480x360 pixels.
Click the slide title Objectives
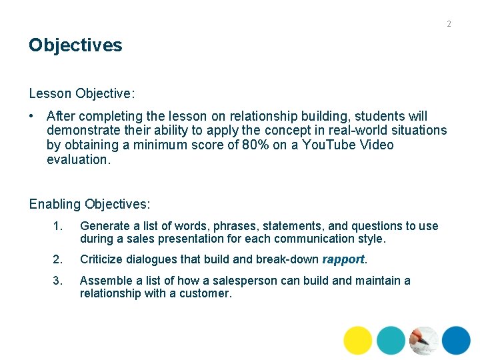[x=75, y=45]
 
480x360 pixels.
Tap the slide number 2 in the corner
[x=449, y=24]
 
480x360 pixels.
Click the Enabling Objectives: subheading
[x=90, y=204]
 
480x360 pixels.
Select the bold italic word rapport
[x=343, y=259]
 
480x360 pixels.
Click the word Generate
[x=105, y=226]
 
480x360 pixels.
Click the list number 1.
[x=57, y=226]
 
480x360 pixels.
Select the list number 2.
[x=57, y=259]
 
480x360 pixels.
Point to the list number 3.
[x=57, y=281]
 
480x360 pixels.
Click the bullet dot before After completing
[x=32, y=116]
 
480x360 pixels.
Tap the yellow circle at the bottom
[x=358, y=340]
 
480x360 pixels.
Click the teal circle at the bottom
[x=391, y=340]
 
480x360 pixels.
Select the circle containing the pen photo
[x=424, y=340]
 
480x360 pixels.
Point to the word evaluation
[x=77, y=159]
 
